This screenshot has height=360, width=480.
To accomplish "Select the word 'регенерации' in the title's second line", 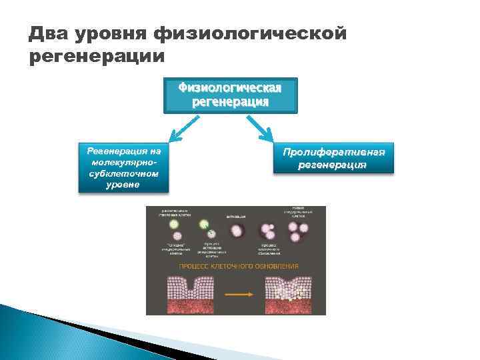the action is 97,57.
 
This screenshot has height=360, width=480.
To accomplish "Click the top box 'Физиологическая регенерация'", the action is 231,95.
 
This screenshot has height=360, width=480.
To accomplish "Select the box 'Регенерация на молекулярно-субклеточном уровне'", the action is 124,167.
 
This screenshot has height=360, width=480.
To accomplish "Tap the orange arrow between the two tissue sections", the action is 236,294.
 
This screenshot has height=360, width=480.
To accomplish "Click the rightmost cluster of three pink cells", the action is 298,232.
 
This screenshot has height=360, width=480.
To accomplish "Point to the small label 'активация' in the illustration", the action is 237,217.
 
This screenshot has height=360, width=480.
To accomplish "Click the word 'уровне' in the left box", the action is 123,185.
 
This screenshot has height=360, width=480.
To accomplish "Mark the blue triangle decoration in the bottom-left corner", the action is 40,333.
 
